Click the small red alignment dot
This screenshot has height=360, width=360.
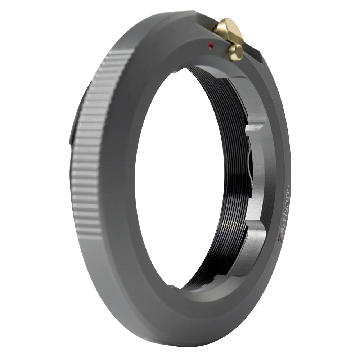(x=211, y=45)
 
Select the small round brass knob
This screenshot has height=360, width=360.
(x=235, y=53)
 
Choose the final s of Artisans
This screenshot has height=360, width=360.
(x=287, y=189)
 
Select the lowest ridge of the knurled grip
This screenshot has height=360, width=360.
(x=89, y=236)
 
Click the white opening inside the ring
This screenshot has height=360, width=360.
(x=180, y=173)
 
